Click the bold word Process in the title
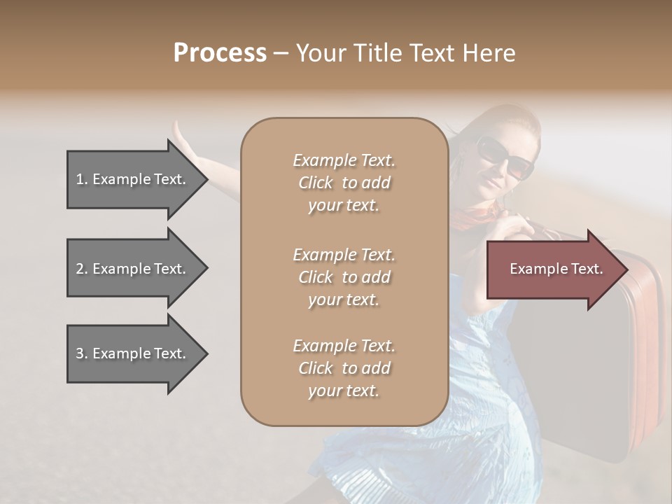(220, 53)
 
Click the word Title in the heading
(379, 53)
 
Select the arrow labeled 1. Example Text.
(133, 179)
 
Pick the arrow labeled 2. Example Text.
(133, 269)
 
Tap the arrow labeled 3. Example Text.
(133, 353)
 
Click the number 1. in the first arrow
(82, 179)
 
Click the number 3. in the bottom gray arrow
(82, 353)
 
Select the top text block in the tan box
(344, 183)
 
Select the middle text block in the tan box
(344, 276)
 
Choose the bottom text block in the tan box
(344, 368)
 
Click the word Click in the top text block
(315, 183)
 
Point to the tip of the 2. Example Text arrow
(206, 269)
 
